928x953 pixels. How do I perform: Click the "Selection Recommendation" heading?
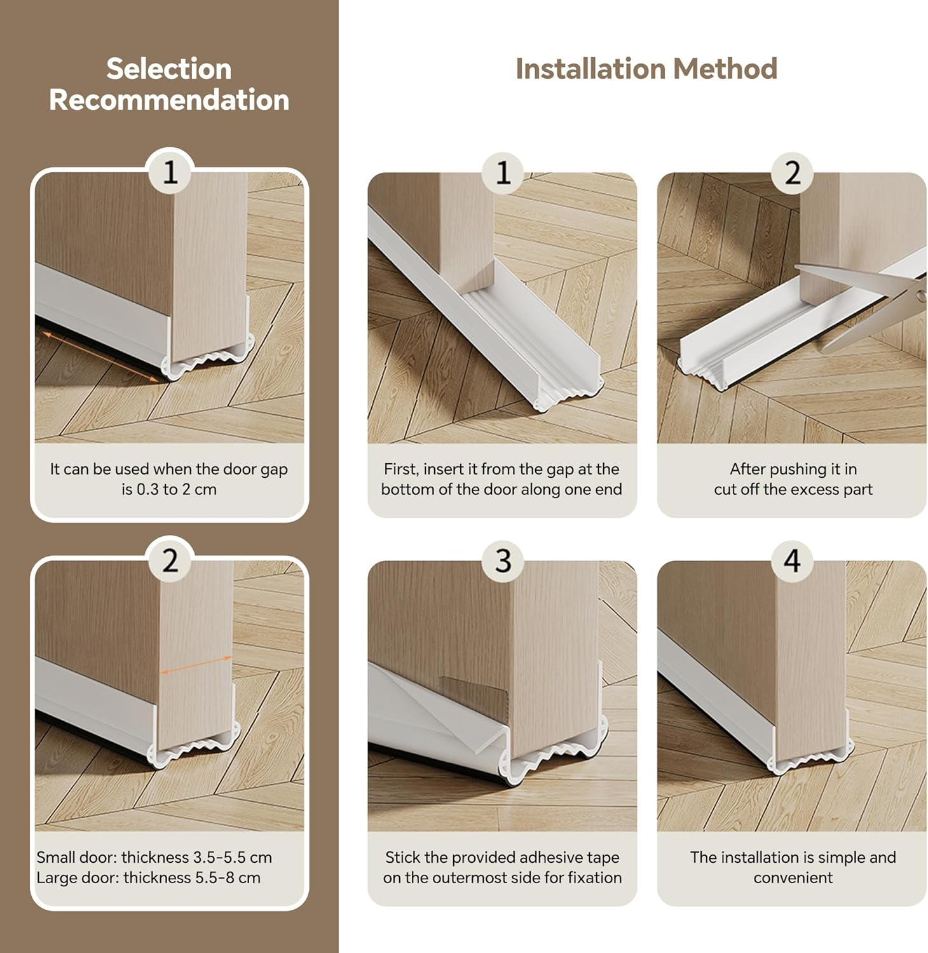point(169,84)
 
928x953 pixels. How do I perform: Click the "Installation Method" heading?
point(646,69)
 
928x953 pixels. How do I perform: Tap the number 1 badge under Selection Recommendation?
point(170,172)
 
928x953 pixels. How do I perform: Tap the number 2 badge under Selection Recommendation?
point(170,560)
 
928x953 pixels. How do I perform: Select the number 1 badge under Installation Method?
point(503,172)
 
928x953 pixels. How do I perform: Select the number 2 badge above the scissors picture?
point(793,172)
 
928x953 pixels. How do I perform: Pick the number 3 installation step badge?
point(503,560)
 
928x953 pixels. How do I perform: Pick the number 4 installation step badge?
point(793,560)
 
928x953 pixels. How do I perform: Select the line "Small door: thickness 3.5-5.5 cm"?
point(154,857)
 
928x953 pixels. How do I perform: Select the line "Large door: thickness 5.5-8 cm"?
point(149,877)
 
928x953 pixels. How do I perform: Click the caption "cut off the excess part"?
point(793,489)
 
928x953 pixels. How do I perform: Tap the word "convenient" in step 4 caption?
point(793,877)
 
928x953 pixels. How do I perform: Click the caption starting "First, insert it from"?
point(502,479)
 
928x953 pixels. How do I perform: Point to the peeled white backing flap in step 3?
point(420,712)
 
